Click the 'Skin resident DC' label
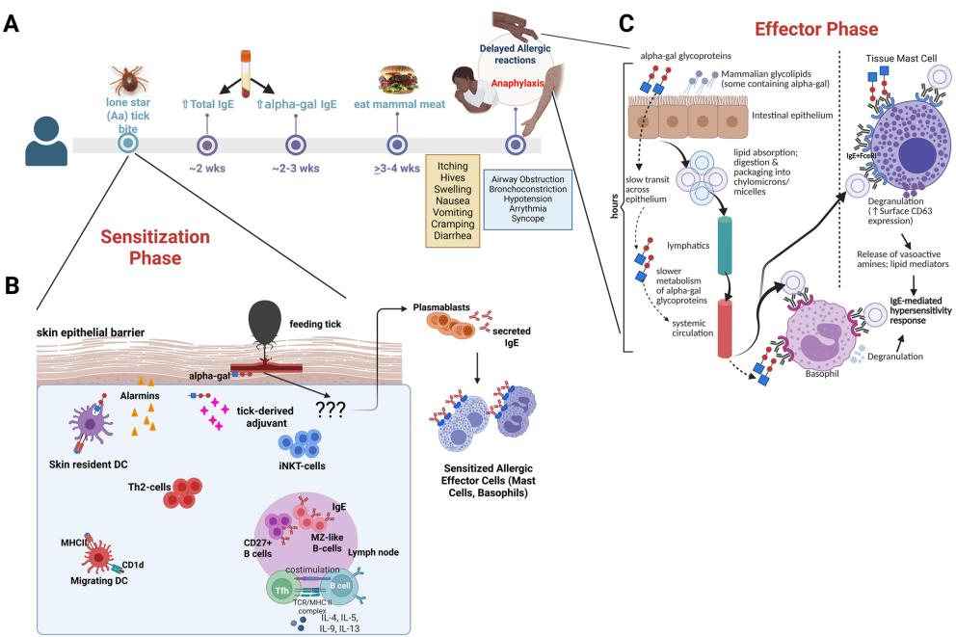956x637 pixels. pos(88,465)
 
